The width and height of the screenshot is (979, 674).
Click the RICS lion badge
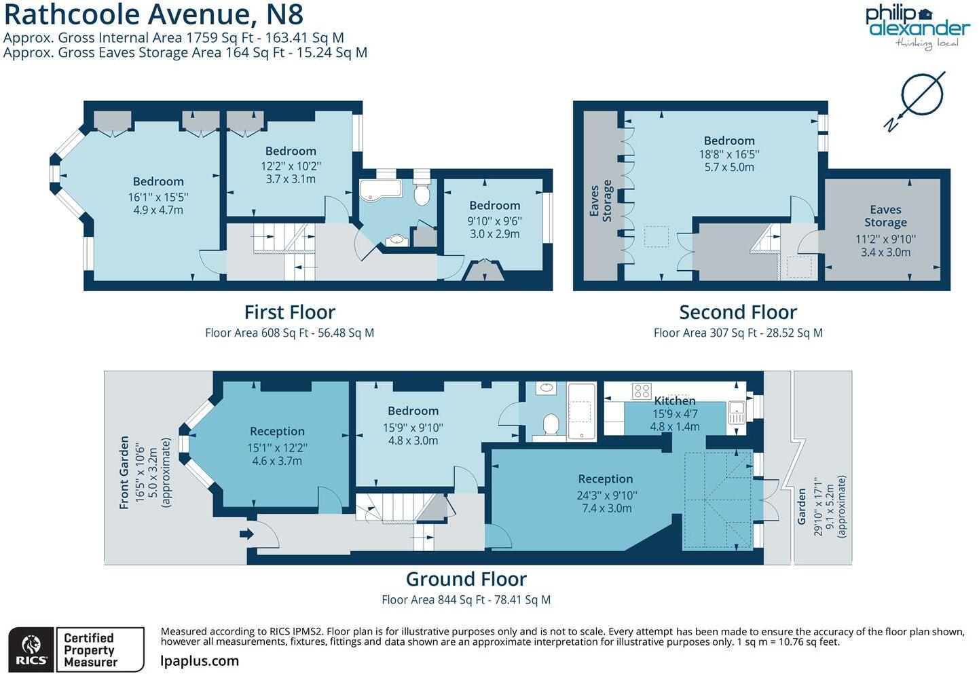pyautogui.click(x=31, y=650)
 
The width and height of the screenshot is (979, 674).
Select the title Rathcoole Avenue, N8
pyautogui.click(x=153, y=14)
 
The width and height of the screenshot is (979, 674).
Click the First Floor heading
pyautogui.click(x=290, y=312)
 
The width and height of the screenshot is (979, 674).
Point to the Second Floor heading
pyautogui.click(x=738, y=312)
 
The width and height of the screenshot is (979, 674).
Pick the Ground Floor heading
pyautogui.click(x=466, y=579)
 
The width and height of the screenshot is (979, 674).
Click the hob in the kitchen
pyautogui.click(x=642, y=391)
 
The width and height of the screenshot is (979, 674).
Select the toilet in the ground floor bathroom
pyautogui.click(x=551, y=426)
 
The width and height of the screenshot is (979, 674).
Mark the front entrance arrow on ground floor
pyautogui.click(x=246, y=533)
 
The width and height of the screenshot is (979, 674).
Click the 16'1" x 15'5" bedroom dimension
pyautogui.click(x=158, y=197)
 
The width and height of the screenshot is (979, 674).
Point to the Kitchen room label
pyautogui.click(x=674, y=400)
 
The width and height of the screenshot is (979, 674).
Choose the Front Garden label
pyautogui.click(x=124, y=472)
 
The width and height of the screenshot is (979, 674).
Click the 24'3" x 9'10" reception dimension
pyautogui.click(x=606, y=495)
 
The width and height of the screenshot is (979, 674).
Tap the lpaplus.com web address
pyautogui.click(x=200, y=661)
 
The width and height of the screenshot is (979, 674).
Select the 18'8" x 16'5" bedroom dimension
pyautogui.click(x=729, y=154)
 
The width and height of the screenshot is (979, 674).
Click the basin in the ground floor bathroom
pyautogui.click(x=545, y=388)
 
